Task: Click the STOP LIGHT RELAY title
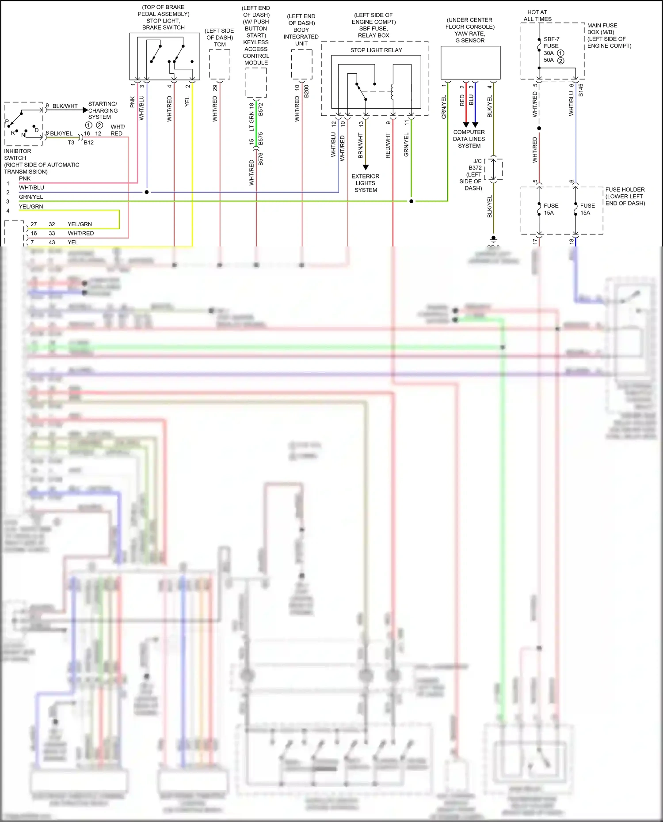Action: (376, 50)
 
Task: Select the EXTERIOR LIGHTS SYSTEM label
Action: (366, 183)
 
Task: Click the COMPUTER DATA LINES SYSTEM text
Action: (469, 139)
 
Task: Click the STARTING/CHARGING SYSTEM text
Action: (103, 110)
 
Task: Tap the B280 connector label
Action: (307, 91)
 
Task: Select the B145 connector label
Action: (581, 90)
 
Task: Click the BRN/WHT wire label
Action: (361, 145)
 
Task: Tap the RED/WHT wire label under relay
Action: (388, 145)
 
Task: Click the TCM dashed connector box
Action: (220, 64)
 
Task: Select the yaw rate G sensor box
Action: (470, 63)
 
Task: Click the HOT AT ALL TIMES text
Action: (537, 15)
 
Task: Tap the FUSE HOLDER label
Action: (625, 196)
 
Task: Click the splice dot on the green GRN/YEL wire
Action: (411, 201)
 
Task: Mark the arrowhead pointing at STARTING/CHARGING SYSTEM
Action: (85, 110)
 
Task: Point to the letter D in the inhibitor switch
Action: (37, 130)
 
